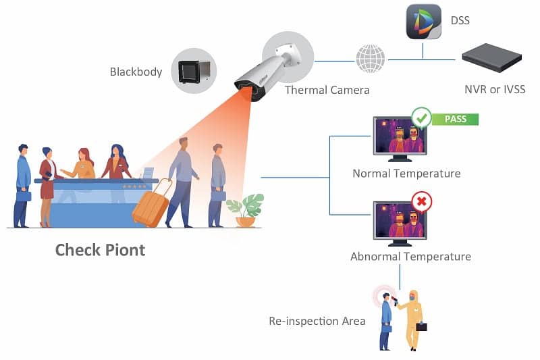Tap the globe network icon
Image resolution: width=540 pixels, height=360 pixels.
coord(371,59)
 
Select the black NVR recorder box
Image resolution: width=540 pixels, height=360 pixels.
coord(492,58)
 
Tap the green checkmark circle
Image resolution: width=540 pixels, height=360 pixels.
coord(422,119)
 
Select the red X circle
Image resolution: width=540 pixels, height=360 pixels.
coord(422,202)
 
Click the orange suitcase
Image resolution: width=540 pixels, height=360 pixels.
coord(150,207)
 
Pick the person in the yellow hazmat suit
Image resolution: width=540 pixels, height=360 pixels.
coord(411,319)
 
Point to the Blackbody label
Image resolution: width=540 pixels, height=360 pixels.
coord(136,71)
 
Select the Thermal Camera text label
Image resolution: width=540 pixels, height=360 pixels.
coord(327,90)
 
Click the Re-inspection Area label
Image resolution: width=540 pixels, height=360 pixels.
coord(317,321)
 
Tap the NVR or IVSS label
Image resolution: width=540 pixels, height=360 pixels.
coord(494,90)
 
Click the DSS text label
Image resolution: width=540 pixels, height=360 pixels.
coord(459,21)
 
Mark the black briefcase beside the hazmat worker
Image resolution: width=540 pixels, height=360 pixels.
coord(421,327)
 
